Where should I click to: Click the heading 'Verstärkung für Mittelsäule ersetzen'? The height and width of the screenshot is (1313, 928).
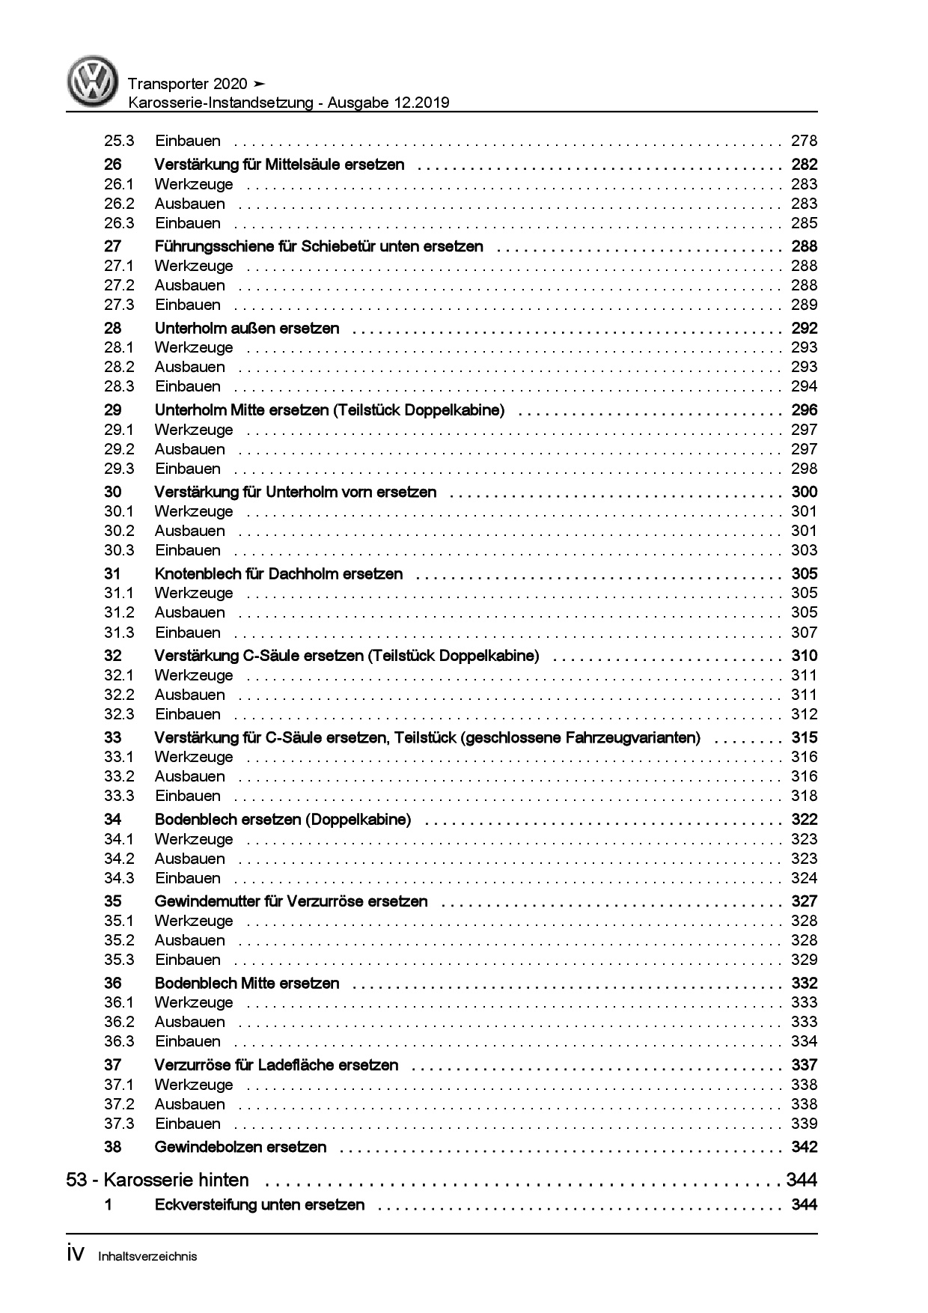point(279,165)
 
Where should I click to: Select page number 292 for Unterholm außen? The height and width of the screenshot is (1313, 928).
point(804,328)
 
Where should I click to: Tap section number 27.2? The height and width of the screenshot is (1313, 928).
point(119,285)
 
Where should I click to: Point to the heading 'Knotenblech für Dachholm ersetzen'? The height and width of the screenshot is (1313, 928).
point(278,574)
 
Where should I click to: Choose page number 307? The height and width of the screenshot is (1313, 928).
point(804,633)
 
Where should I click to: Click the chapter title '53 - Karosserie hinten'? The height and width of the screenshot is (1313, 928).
point(157,1181)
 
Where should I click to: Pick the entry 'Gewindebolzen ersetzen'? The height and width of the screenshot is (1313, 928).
point(240,1147)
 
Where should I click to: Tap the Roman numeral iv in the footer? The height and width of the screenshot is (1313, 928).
point(77,1254)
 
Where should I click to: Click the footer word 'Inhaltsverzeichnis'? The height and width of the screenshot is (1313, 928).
point(147,1256)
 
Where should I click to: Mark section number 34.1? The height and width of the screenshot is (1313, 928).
point(119,839)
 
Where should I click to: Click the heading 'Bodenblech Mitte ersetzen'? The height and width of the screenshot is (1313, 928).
point(247,983)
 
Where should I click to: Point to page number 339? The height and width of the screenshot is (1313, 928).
point(804,1124)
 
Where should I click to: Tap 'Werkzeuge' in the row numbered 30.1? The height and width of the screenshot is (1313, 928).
point(194,511)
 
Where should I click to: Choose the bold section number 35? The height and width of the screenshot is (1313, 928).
point(113,901)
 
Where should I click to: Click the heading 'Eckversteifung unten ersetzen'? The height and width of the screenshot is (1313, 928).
point(260,1204)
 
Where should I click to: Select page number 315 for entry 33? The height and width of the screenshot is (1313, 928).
point(804,737)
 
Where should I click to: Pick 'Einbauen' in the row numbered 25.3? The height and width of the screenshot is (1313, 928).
point(188,141)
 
